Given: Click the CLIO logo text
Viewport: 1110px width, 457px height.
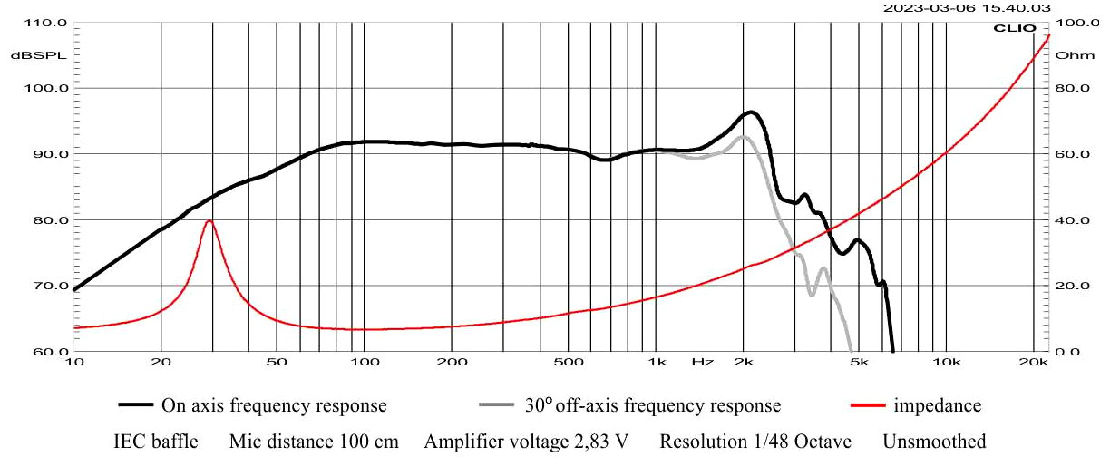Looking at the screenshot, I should pos(1015,28).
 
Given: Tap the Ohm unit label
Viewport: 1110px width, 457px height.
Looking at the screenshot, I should pos(1068,55).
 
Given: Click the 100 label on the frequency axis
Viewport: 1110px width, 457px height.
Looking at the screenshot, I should pos(364,363).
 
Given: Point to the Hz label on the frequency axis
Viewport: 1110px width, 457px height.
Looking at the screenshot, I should pos(702,363).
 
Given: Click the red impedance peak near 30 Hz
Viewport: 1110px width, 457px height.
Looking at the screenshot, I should pos(209,220).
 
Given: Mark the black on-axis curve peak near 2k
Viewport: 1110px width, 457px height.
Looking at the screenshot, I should pos(751,112).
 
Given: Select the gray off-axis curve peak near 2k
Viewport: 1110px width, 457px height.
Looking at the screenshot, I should pos(743,137).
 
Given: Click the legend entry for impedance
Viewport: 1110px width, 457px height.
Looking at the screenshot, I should pos(937,405).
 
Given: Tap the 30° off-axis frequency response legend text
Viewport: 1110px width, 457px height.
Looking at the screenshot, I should pos(651,405).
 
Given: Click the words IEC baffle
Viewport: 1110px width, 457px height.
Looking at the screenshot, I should pos(155,442).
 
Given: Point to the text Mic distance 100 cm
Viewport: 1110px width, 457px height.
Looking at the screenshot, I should pos(313,442).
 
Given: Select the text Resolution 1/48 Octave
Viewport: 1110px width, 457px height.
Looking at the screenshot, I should pos(755,442).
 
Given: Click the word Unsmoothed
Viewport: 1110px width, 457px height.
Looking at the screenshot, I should pos(934,442).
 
